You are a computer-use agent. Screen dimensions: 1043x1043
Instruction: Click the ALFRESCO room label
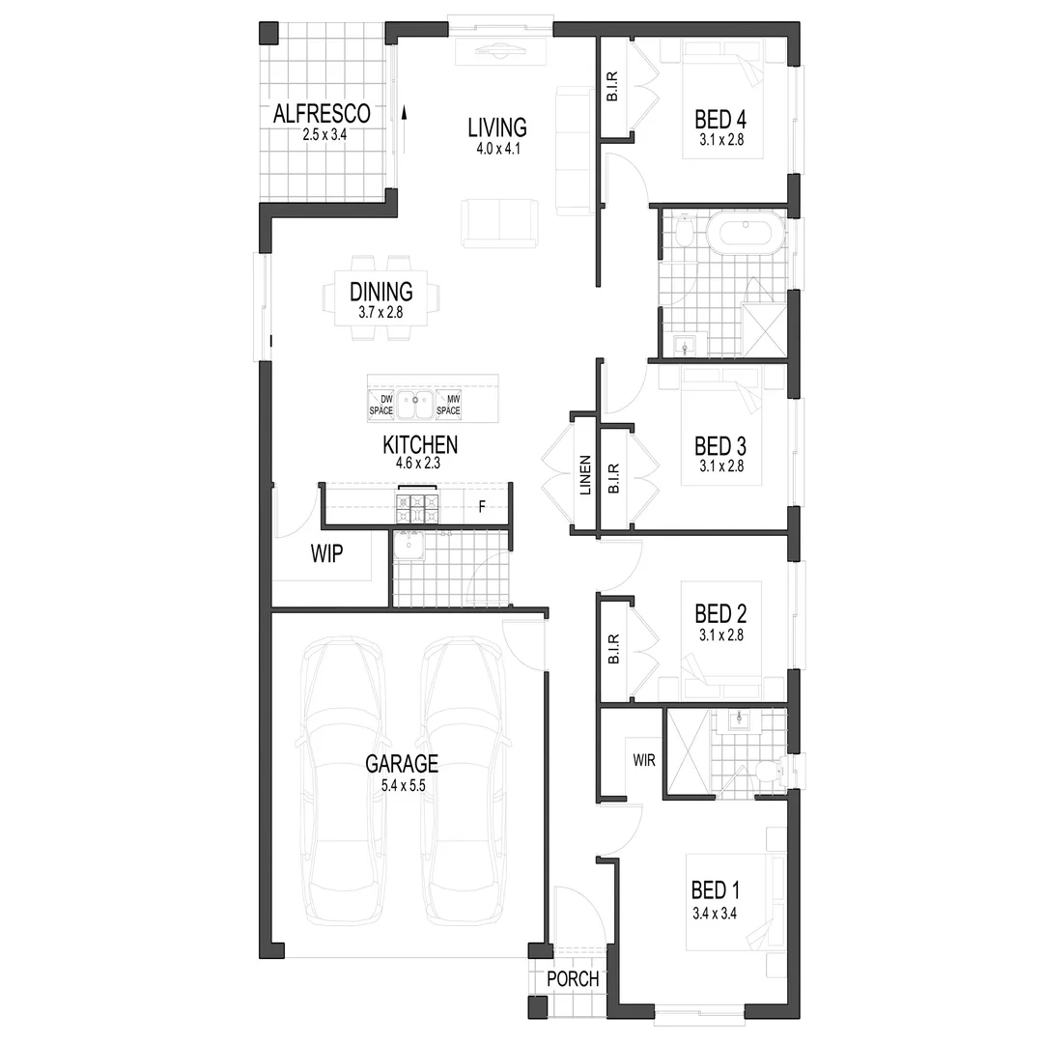click(322, 114)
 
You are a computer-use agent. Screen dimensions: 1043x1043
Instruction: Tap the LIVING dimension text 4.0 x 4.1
click(498, 149)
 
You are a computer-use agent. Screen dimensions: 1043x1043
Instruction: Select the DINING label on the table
click(381, 292)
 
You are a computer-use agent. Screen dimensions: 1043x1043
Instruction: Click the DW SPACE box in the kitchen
click(381, 405)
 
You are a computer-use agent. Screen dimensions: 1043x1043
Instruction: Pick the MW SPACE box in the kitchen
click(448, 405)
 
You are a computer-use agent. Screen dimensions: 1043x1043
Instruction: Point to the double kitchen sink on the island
click(415, 405)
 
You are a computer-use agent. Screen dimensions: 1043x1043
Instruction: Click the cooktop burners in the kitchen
click(417, 508)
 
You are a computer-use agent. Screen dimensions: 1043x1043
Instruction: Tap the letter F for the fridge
click(482, 508)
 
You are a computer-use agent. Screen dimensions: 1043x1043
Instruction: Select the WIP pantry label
click(326, 553)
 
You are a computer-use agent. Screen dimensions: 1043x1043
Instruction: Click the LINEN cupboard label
click(585, 475)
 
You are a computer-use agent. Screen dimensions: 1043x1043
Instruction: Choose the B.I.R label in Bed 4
click(612, 87)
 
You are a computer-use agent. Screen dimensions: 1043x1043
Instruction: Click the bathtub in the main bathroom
click(745, 232)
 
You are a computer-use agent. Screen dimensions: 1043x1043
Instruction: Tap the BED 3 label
click(720, 445)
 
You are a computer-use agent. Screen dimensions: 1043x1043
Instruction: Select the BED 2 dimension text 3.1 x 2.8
click(721, 635)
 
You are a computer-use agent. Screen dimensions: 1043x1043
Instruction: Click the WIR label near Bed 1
click(644, 760)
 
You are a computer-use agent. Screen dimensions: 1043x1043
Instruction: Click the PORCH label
click(573, 979)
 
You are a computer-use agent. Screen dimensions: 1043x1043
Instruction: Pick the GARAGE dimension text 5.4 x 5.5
click(403, 785)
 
